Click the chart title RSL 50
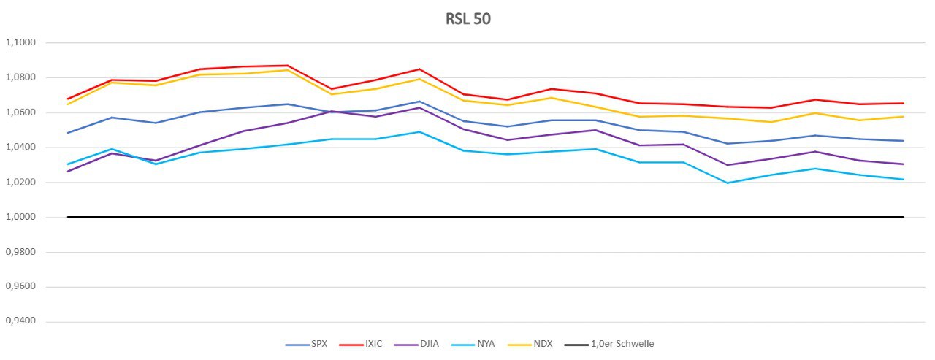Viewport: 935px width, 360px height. click(x=467, y=19)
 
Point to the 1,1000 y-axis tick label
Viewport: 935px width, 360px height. click(x=20, y=42)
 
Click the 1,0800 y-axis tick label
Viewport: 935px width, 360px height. click(x=20, y=77)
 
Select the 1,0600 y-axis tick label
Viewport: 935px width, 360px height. click(x=20, y=112)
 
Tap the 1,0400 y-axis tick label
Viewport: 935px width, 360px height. click(x=20, y=148)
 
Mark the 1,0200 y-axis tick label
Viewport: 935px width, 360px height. click(x=20, y=183)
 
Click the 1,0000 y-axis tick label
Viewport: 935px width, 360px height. click(x=20, y=217)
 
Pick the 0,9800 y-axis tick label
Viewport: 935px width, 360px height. click(x=20, y=252)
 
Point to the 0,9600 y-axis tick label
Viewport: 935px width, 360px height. click(x=20, y=287)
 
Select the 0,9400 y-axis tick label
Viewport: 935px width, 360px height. click(x=20, y=322)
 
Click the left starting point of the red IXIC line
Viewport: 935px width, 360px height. click(x=68, y=99)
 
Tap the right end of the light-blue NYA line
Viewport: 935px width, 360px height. click(x=904, y=180)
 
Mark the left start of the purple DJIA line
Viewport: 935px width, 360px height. click(x=68, y=171)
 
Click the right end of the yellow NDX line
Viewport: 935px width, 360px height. click(x=904, y=117)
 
